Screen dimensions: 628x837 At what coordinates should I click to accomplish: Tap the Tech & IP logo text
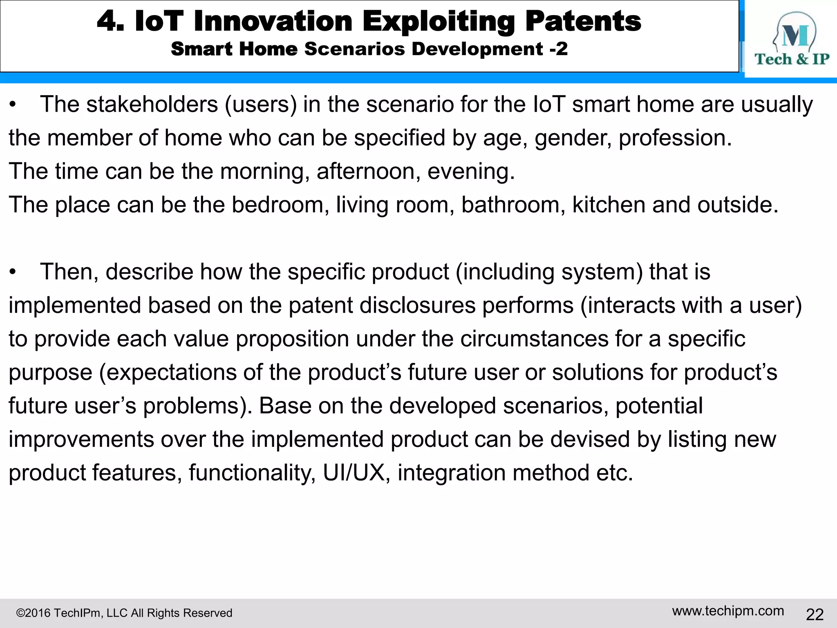point(792,59)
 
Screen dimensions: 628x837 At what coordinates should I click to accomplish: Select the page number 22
point(815,615)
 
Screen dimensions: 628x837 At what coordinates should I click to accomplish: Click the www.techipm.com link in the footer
point(728,611)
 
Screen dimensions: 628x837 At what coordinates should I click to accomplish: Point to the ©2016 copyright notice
point(124,613)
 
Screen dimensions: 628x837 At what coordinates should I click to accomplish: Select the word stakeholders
point(152,104)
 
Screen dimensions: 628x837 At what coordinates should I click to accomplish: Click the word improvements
point(81,440)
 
